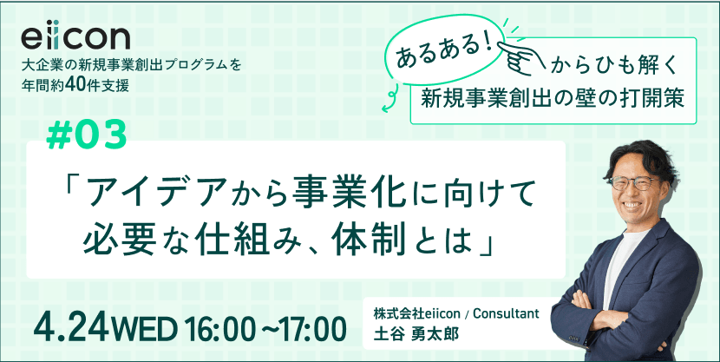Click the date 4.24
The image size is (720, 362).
point(69,328)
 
